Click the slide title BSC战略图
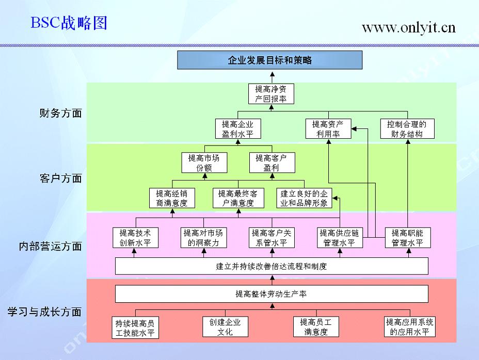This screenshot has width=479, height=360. (69, 23)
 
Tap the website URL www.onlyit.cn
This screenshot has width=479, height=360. (408, 27)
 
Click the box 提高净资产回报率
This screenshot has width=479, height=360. (271, 93)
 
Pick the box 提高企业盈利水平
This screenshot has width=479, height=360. (238, 129)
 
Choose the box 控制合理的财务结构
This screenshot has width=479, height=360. (407, 129)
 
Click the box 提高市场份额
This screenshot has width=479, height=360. (204, 162)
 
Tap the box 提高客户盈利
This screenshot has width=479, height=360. (271, 162)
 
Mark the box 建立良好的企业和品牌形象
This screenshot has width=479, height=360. (304, 198)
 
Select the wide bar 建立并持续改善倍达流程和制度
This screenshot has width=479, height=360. (272, 267)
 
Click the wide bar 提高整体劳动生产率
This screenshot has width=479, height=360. (272, 294)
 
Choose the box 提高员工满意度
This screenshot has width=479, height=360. (316, 327)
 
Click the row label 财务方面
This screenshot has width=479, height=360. (60, 113)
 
